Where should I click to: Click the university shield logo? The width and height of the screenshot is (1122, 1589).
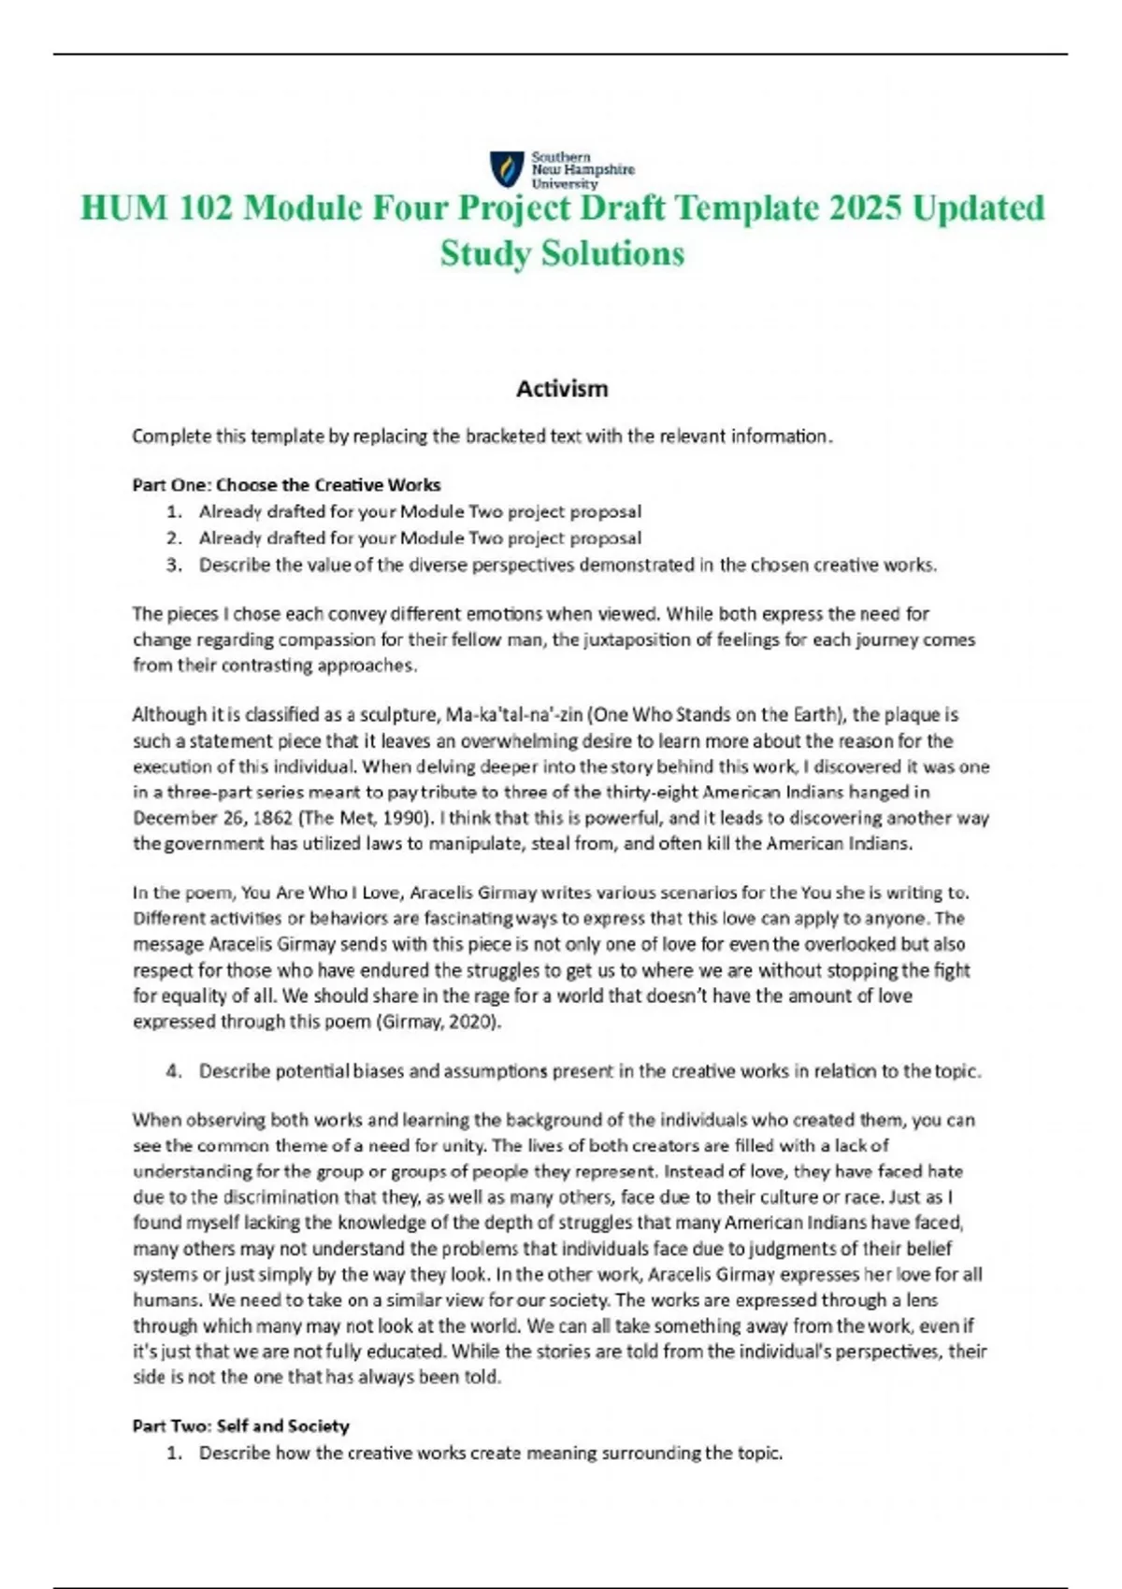coord(507,168)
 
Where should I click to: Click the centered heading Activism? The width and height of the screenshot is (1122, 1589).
coord(562,388)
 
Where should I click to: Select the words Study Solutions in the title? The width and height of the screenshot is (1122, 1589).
coord(562,252)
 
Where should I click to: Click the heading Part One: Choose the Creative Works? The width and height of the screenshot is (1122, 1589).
coord(286,484)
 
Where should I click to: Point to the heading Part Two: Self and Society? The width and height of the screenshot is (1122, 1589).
coord(240,1425)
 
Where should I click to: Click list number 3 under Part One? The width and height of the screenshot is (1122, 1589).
coord(174,565)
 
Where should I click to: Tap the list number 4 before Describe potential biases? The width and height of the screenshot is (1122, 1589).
coord(174,1070)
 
